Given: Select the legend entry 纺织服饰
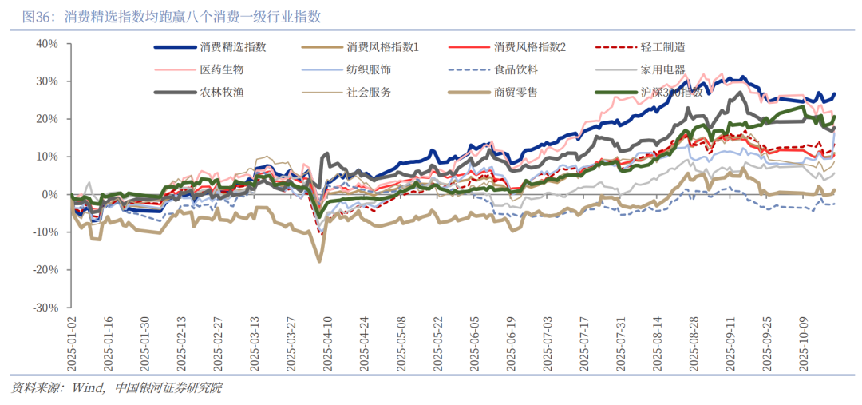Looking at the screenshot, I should [x=369, y=69].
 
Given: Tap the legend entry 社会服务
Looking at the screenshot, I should [x=369, y=92].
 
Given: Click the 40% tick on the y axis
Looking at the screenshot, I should [x=47, y=44].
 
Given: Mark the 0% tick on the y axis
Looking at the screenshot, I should [x=50, y=195].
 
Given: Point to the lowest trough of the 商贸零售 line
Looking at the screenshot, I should [x=319, y=260].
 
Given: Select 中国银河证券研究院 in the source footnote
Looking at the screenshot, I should [x=169, y=388].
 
